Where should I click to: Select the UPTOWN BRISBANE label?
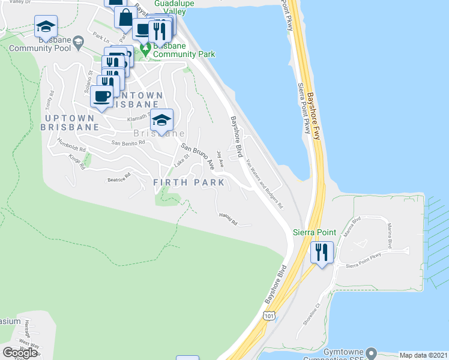pyautogui.click(x=70, y=121)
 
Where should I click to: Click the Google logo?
pyautogui.click(x=19, y=352)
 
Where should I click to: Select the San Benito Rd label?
pyautogui.click(x=128, y=143)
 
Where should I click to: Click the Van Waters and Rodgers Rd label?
pyautogui.click(x=264, y=183)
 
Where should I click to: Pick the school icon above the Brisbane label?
pyautogui.click(x=161, y=120)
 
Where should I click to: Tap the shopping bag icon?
pyautogui.click(x=125, y=17)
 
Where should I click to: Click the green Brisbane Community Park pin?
pyautogui.click(x=144, y=47)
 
